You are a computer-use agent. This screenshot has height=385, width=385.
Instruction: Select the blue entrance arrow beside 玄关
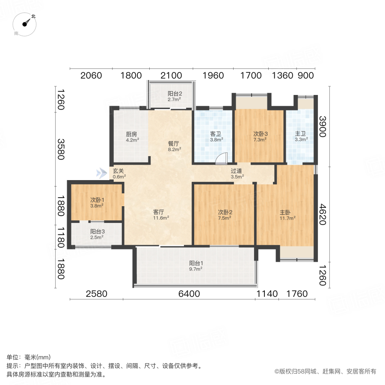pyautogui.click(x=101, y=173)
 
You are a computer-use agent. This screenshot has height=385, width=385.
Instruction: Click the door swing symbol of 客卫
pyautogui.click(x=222, y=159)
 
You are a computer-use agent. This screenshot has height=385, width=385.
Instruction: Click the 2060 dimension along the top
pyautogui.click(x=91, y=76)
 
